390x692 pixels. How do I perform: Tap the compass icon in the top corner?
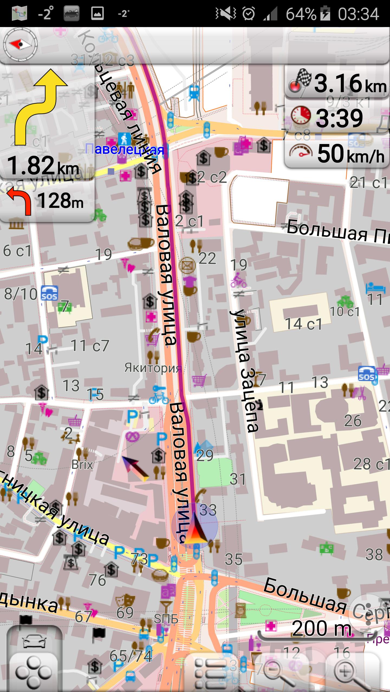20,44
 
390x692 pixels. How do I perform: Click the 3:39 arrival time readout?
339,118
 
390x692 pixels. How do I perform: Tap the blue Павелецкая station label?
125,149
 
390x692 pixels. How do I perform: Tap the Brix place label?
82,465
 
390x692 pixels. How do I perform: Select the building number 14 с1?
303,324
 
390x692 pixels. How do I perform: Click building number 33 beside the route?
208,510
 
